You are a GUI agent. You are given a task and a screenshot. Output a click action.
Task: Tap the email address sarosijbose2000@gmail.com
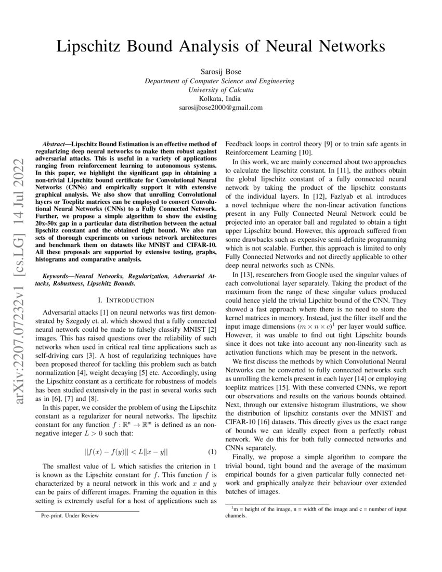pos(220,108)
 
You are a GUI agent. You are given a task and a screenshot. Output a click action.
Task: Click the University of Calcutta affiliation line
pos(220,90)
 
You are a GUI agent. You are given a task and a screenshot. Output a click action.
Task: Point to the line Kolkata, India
pos(220,99)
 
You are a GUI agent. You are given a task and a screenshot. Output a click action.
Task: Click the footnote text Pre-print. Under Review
pos(70,516)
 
